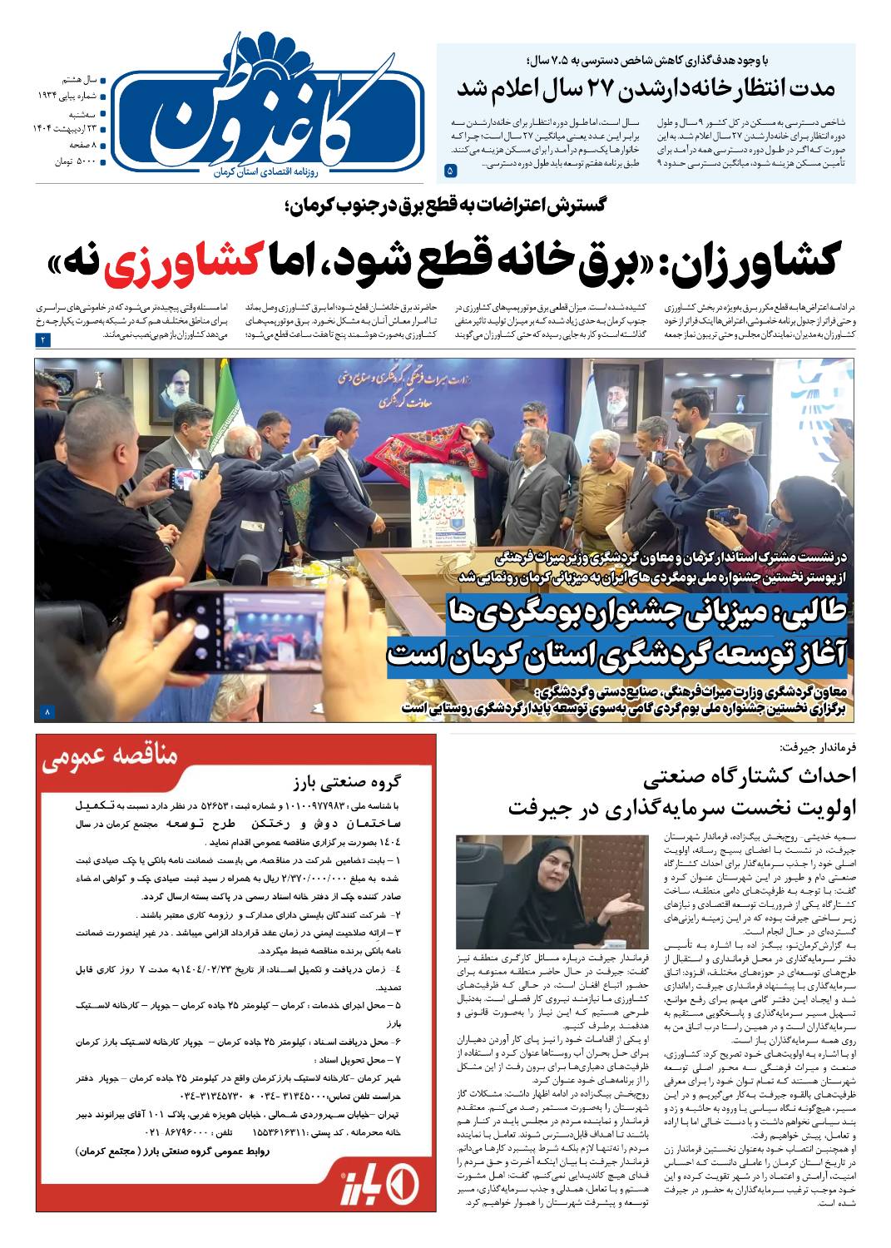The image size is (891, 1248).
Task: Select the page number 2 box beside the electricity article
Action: pos(42,339)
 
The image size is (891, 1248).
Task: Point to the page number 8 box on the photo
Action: pos(47,712)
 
